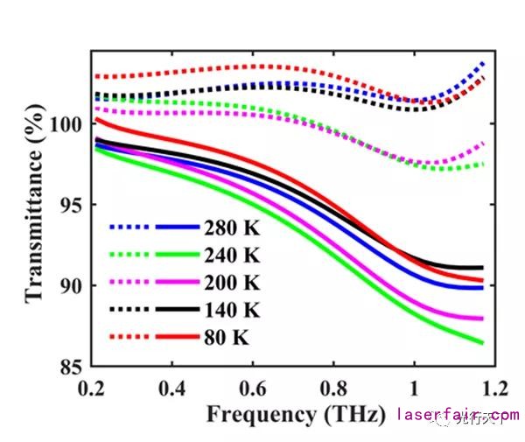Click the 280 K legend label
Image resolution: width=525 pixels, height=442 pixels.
click(233, 229)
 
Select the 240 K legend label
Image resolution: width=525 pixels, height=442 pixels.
click(233, 256)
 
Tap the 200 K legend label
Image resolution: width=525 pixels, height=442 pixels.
click(233, 284)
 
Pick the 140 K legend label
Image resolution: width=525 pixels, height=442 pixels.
click(233, 311)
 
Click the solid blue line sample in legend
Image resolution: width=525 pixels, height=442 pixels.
click(178, 228)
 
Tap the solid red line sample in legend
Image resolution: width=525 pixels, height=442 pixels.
click(178, 337)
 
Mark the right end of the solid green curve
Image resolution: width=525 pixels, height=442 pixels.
click(482, 342)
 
